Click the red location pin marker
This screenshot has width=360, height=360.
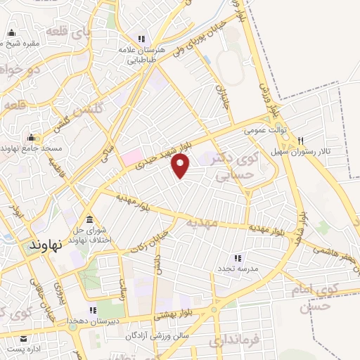pos(181,165)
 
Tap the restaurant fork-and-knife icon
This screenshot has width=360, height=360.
pos(300,141)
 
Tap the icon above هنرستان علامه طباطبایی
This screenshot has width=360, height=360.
pos(141,39)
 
